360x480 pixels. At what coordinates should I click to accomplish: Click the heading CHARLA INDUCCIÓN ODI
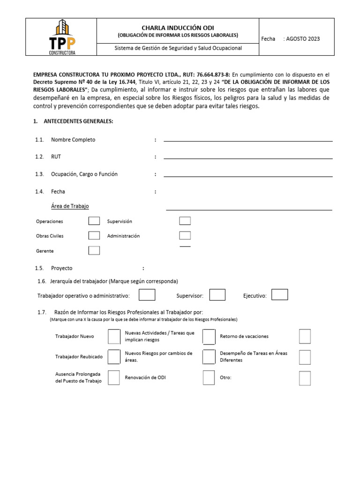pos(178,28)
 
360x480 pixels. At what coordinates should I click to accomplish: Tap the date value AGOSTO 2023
pos(303,39)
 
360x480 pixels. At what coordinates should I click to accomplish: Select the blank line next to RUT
pos(247,157)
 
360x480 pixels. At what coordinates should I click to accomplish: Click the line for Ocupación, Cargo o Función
pos(247,175)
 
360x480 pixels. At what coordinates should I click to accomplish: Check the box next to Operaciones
pos(94,221)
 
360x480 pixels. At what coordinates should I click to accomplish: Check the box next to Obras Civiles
pos(94,236)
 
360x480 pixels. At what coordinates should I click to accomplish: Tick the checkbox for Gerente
pos(94,251)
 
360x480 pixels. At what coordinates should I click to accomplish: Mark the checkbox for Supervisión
pos(185,221)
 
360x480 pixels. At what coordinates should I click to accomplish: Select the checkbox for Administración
pos(185,236)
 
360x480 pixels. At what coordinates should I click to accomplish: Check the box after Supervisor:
pos(217,295)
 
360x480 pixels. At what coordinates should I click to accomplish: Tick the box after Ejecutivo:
pos(280,295)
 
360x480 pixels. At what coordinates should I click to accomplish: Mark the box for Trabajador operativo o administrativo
pos(147,295)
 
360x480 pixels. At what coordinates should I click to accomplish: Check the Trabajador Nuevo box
pos(114,337)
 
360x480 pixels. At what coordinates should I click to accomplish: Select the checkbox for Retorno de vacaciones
pos(305,337)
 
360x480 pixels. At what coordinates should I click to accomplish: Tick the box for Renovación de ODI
pos(209,378)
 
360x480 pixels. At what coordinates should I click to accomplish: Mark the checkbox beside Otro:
pos(305,378)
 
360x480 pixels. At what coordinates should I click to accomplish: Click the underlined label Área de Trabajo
pos(70,206)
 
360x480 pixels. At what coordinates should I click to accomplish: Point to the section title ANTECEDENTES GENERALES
pos(78,121)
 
